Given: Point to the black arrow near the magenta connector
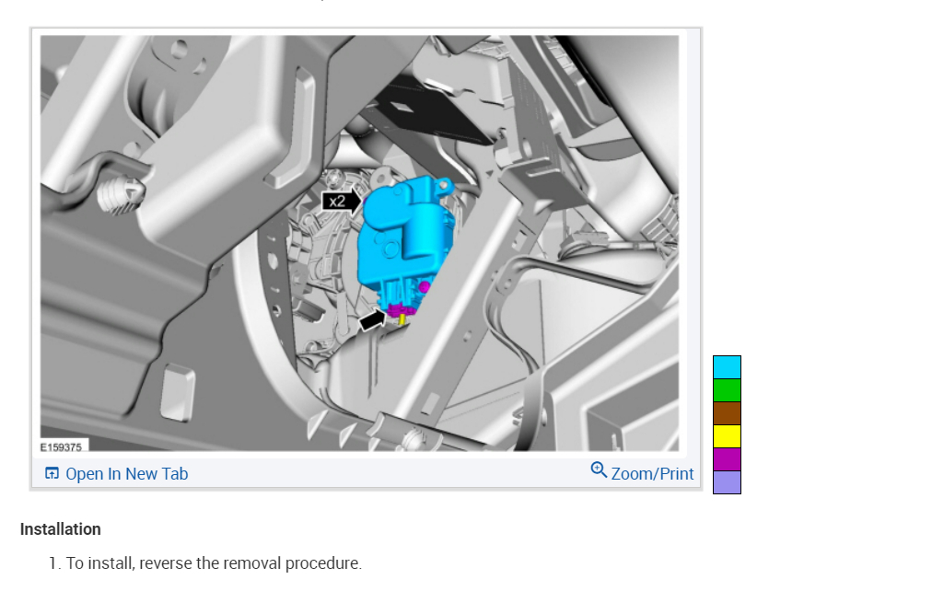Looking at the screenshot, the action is [373, 320].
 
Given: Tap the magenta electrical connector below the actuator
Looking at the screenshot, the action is [402, 308].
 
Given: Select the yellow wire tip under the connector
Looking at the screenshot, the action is [402, 319].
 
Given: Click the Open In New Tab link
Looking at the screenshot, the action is [126, 474].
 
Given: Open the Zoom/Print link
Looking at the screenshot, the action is [652, 474].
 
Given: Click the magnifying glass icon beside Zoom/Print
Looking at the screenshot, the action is [599, 470].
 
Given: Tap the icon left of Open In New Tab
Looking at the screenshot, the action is [52, 473].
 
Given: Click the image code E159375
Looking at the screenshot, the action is [61, 446].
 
